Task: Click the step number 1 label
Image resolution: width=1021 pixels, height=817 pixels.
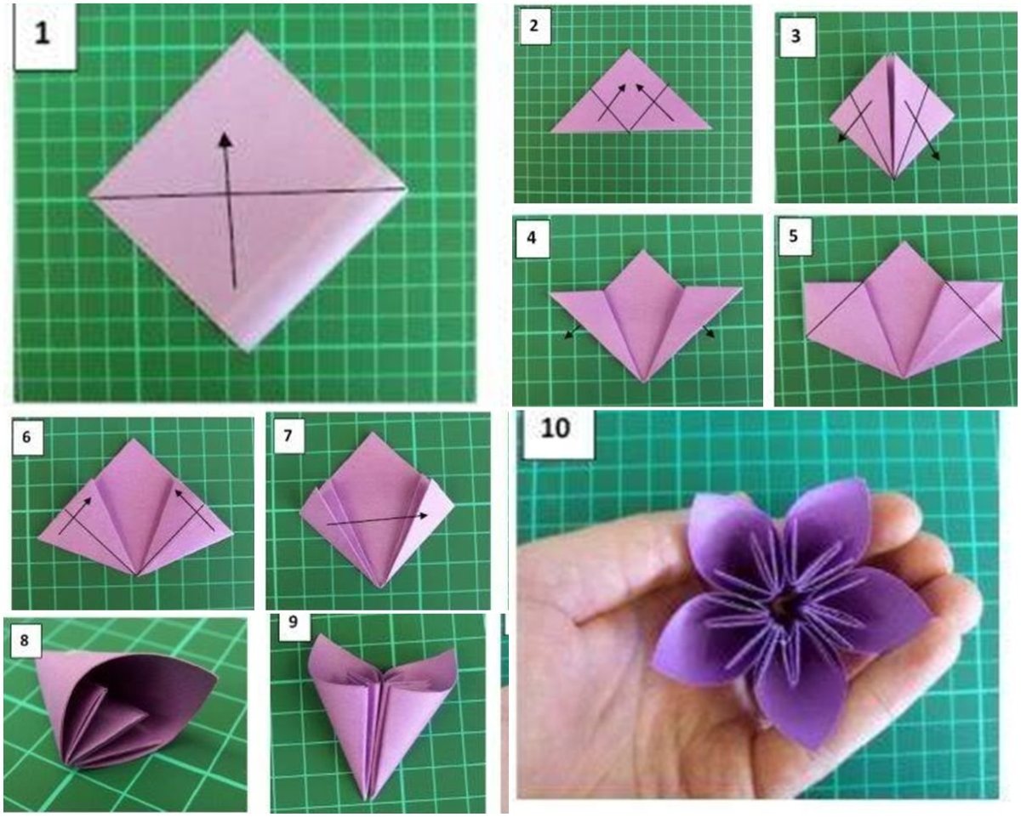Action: coord(43,34)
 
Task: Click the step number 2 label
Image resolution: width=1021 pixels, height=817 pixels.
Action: coord(533,26)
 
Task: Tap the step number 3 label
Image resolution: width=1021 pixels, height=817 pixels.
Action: coord(796,36)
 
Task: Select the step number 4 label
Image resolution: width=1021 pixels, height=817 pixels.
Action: coord(532,237)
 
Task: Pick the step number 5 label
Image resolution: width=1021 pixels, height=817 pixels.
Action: coord(793,235)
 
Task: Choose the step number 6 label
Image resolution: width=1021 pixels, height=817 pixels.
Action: coord(26,436)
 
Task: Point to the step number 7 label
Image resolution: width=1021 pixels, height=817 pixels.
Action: coord(288,434)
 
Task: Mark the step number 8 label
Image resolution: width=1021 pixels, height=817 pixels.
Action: coord(24,641)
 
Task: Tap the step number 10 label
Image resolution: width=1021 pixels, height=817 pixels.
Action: coord(556,428)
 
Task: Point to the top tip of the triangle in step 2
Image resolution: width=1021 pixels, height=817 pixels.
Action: coord(630,50)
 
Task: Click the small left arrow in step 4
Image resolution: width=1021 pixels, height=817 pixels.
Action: coord(570,332)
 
